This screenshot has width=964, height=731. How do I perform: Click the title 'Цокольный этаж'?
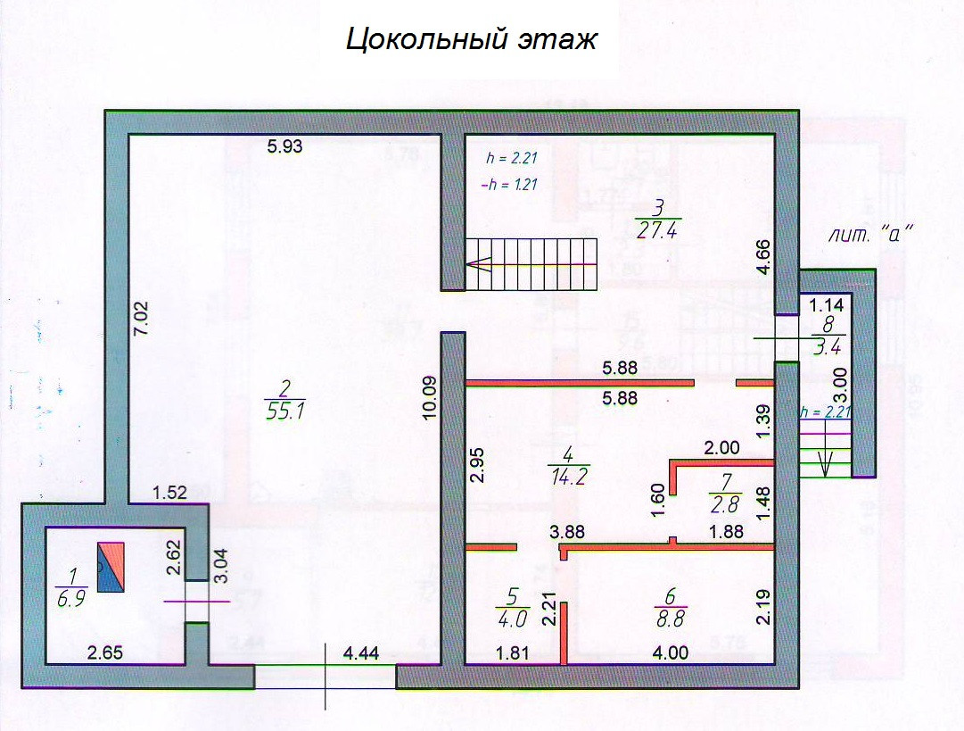click(471, 40)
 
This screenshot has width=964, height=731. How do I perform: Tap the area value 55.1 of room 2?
click(284, 411)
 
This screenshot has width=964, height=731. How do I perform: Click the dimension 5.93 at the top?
click(285, 148)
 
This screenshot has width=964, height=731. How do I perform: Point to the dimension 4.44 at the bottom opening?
click(362, 652)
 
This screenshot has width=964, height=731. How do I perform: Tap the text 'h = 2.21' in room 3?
click(510, 159)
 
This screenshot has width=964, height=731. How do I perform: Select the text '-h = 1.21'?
click(507, 186)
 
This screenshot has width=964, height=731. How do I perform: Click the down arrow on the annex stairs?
click(825, 460)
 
